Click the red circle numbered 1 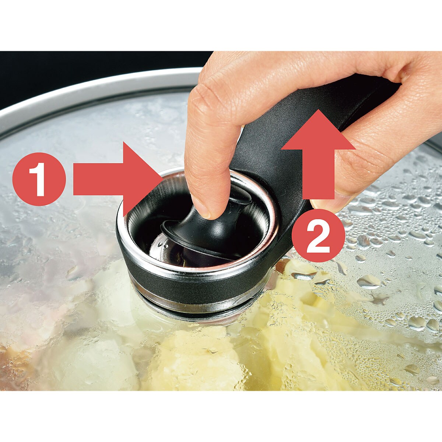pyautogui.click(x=39, y=179)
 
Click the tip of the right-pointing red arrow pyautogui.click(x=163, y=179)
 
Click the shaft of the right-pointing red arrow pyautogui.click(x=99, y=179)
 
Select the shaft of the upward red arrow pyautogui.click(x=318, y=174)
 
